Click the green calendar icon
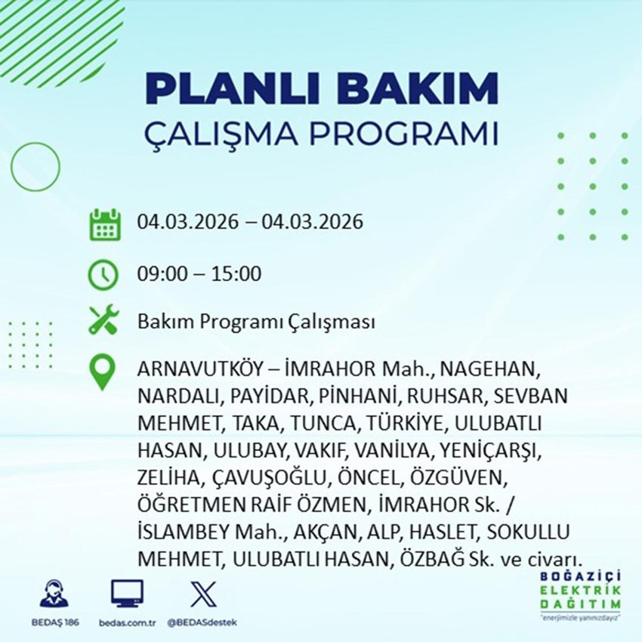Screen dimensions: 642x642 (x=105, y=224)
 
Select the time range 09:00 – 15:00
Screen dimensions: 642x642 (x=199, y=273)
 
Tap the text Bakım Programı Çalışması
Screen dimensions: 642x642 (x=256, y=323)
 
